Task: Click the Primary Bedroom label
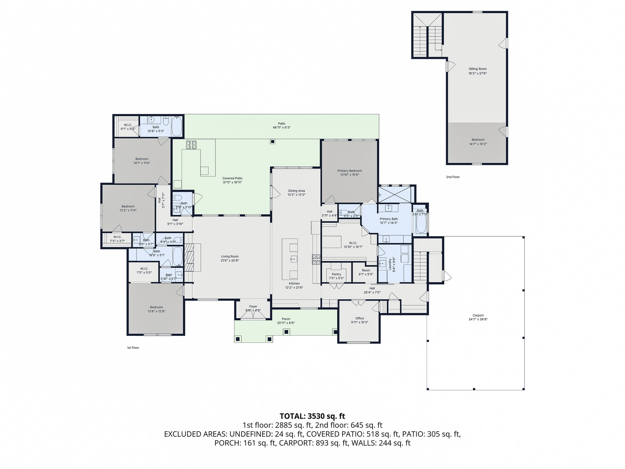click(x=349, y=171)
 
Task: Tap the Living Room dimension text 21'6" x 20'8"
click(x=230, y=261)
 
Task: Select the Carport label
click(x=478, y=315)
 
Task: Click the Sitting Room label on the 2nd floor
click(x=478, y=69)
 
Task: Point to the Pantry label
click(x=336, y=274)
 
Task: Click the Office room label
click(x=359, y=318)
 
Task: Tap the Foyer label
click(x=253, y=307)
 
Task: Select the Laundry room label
click(x=390, y=264)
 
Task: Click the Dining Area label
click(x=296, y=191)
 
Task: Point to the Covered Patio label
click(x=232, y=178)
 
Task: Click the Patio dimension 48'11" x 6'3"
click(x=281, y=128)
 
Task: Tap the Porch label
click(x=286, y=319)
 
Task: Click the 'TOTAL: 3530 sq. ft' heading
click(x=312, y=416)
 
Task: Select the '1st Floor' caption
click(x=133, y=348)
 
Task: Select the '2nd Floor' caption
click(x=453, y=177)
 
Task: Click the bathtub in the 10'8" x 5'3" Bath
click(x=177, y=126)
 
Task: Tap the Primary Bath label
click(x=389, y=219)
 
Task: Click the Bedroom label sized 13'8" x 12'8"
click(x=156, y=307)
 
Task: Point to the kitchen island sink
click(x=293, y=259)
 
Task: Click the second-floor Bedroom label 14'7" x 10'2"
click(x=478, y=140)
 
